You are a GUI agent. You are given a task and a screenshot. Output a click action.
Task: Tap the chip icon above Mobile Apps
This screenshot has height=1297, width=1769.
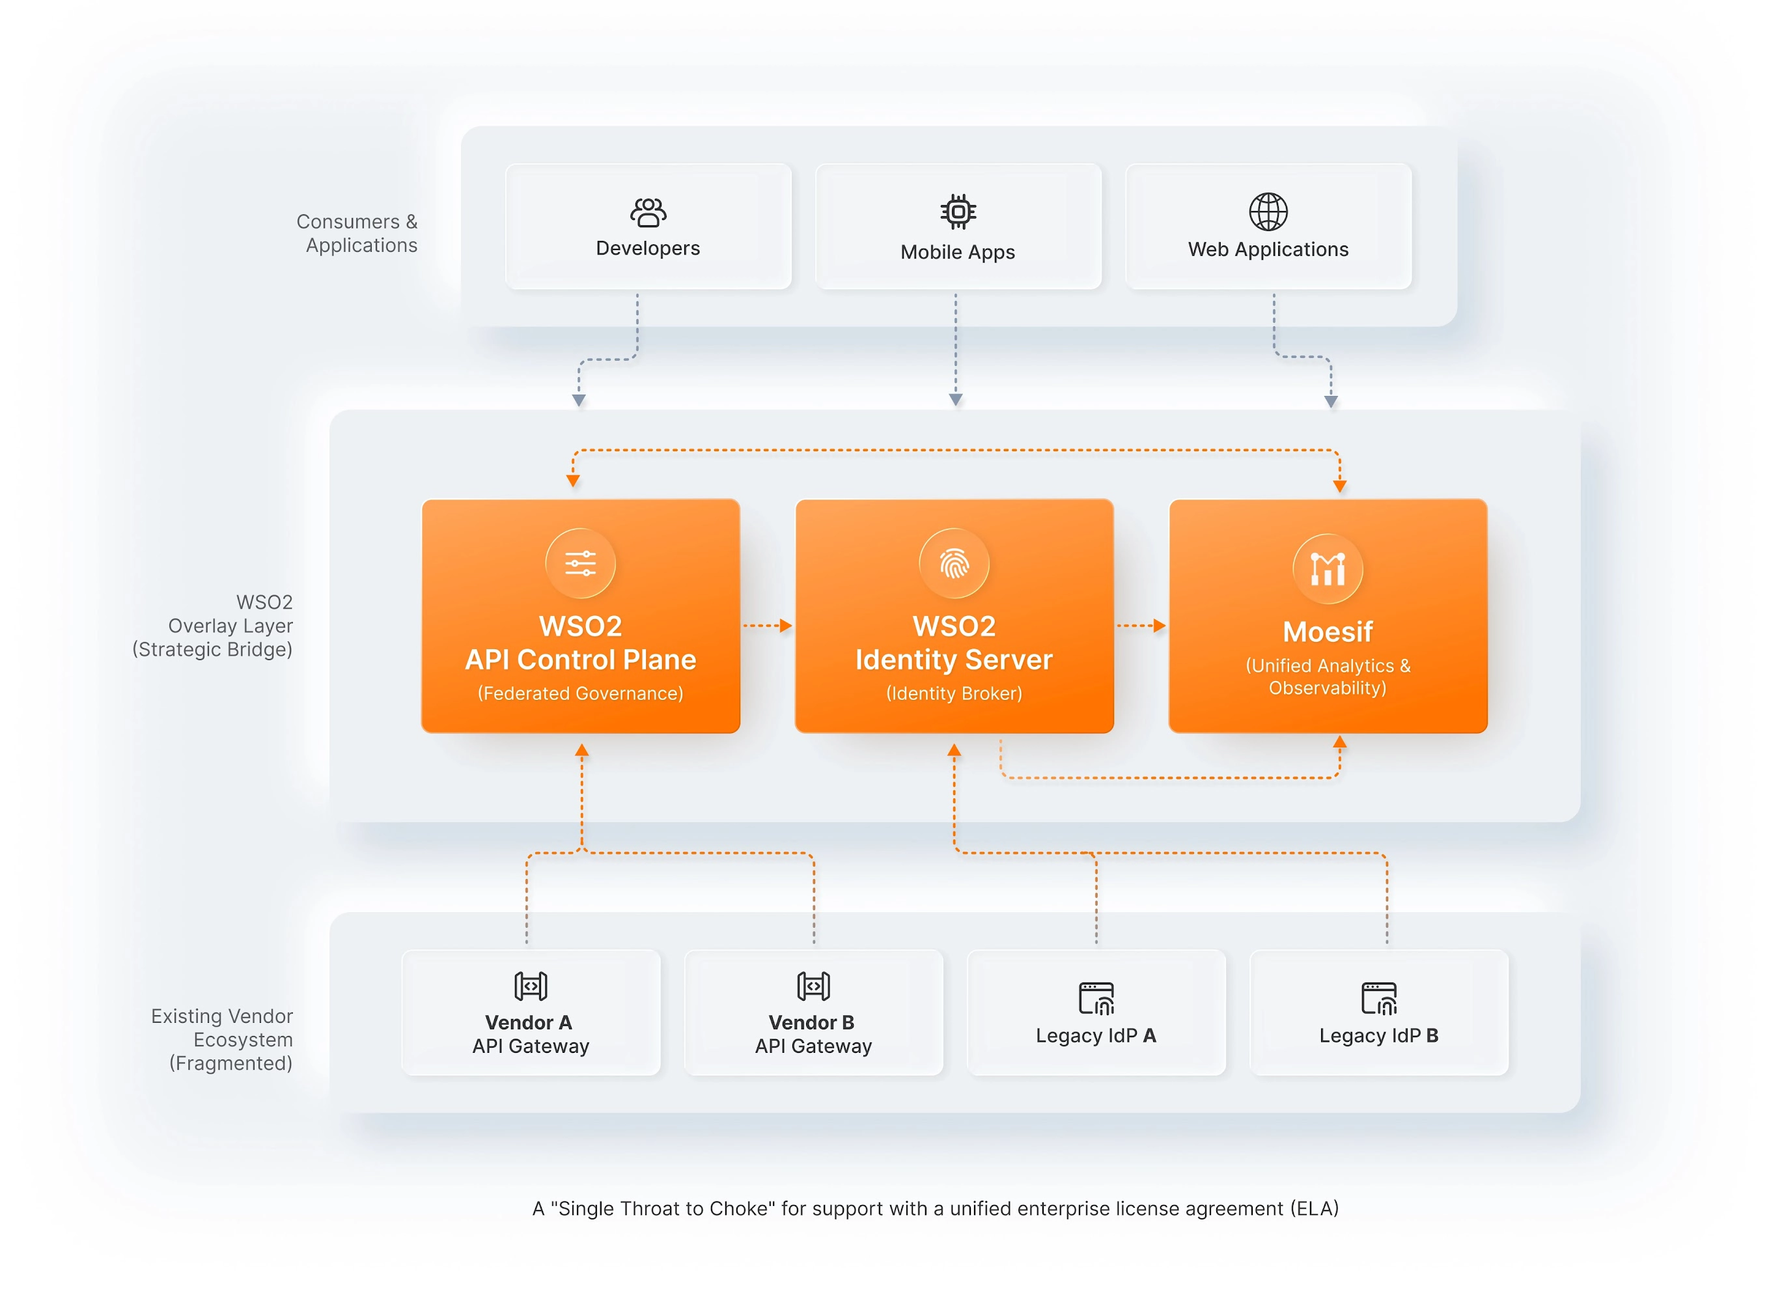[958, 211]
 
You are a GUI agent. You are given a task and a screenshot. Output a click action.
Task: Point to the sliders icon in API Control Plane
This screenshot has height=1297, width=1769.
[580, 563]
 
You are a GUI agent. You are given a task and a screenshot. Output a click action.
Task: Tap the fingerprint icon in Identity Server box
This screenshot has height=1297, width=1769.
[954, 563]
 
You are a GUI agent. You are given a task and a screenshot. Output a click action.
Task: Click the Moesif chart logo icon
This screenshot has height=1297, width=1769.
[1328, 568]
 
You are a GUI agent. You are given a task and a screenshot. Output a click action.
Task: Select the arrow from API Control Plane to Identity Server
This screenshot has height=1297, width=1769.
[767, 626]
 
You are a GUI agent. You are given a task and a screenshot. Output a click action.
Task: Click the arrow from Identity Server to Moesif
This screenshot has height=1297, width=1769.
[1141, 626]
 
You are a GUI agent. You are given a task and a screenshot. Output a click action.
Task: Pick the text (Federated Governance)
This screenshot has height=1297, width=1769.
[580, 693]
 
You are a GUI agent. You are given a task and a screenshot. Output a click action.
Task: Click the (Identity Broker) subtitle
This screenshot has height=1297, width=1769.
[954, 693]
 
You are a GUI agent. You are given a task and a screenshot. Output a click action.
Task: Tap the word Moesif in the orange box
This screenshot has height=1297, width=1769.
[1328, 631]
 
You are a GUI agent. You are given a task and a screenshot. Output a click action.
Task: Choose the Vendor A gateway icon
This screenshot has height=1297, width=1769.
[531, 985]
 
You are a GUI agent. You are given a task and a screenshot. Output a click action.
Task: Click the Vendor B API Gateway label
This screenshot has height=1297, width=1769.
[813, 1034]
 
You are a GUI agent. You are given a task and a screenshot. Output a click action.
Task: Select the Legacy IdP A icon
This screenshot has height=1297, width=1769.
[1096, 998]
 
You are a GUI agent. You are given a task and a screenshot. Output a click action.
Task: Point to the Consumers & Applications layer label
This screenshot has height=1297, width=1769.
[357, 233]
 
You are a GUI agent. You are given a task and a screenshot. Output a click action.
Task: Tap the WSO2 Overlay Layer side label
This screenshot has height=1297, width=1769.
[214, 626]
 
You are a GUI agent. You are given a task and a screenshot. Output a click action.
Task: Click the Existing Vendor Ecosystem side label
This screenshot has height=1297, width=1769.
[222, 1039]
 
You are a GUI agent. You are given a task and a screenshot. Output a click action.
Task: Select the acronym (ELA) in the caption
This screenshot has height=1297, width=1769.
[1315, 1208]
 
